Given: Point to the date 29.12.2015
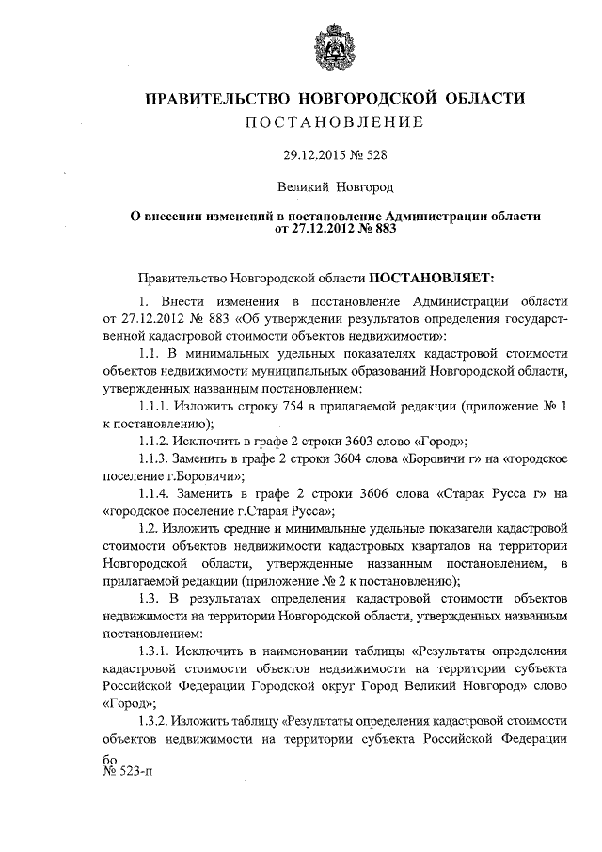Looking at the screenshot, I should [305, 155].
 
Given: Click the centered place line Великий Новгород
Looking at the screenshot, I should [328, 187].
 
